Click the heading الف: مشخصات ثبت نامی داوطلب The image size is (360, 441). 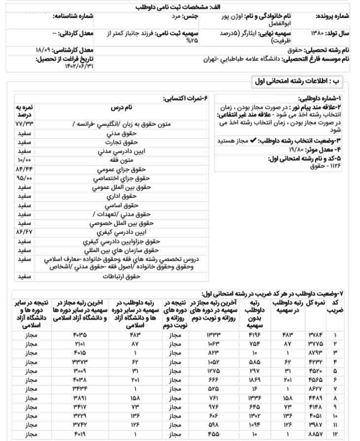click(x=180, y=7)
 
